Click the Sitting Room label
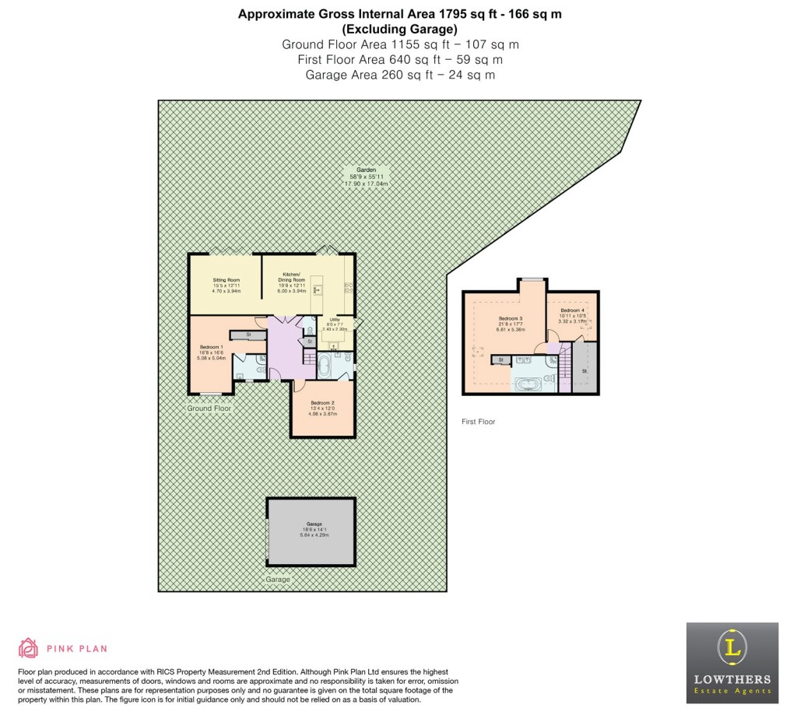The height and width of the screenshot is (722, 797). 226,283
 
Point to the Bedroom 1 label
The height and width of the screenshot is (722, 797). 212,352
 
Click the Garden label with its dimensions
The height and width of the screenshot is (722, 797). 367,176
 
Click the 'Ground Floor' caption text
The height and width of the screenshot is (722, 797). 209,408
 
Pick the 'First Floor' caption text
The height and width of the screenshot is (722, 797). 478,422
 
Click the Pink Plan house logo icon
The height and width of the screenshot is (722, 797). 29,648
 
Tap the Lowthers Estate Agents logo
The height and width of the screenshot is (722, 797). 732,663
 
